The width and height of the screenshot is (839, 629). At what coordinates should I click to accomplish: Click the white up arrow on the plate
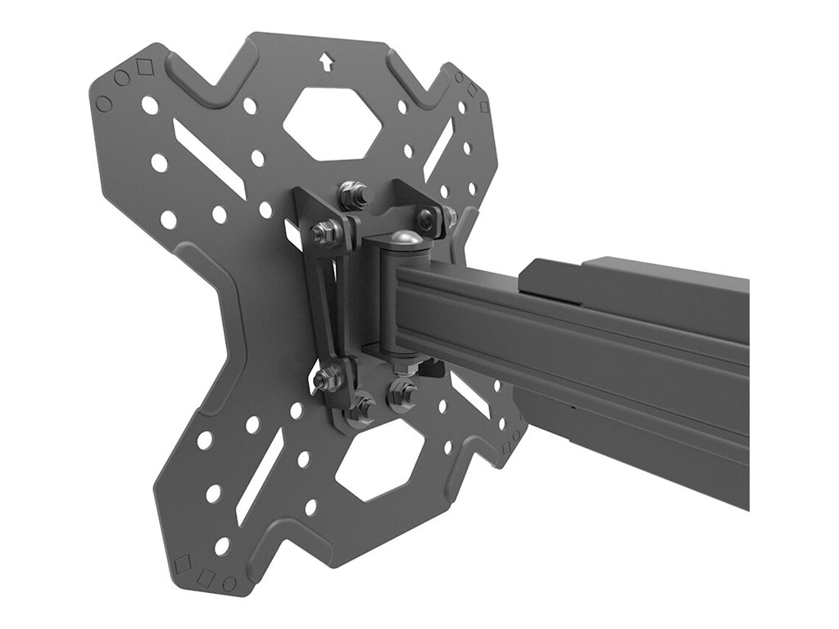point(327,63)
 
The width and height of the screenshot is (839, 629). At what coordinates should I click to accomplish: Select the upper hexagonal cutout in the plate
point(332,123)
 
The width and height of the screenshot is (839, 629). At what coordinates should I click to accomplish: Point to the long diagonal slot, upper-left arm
point(209,158)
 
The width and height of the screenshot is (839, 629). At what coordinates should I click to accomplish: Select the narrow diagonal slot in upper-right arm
point(438,148)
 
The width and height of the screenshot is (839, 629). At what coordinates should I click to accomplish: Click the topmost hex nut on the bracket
point(353,195)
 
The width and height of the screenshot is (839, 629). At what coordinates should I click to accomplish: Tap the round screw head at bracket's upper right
point(428,218)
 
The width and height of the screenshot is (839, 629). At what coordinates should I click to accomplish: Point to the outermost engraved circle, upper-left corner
point(104,104)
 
